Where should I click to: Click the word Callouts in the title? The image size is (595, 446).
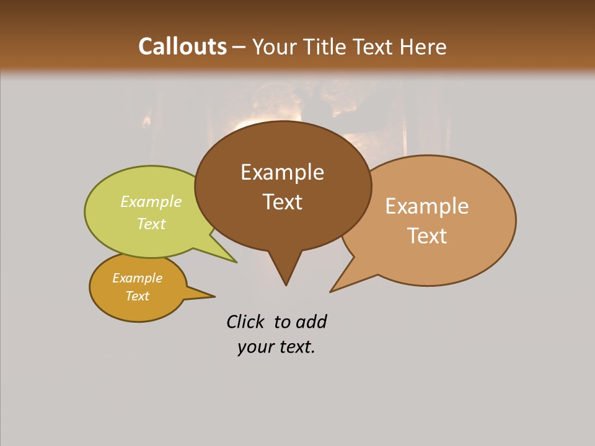coord(182,46)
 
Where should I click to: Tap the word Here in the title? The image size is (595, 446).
coord(424,46)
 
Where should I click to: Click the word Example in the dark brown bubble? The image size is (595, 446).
coord(282,172)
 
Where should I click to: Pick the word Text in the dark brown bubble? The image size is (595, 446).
coord(282,201)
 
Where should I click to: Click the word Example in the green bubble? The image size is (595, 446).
coord(151,202)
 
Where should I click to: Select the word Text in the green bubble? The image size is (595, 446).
coord(151,224)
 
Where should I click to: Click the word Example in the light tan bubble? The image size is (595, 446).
coord(427,206)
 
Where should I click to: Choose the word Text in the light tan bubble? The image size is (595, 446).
coord(427,235)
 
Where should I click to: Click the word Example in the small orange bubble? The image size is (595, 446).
coord(137,278)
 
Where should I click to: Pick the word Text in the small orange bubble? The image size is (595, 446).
coord(137,296)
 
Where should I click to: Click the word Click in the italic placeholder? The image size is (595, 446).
coord(245,322)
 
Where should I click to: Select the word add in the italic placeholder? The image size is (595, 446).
coord(311,322)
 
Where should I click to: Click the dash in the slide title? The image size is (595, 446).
coord(239,47)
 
